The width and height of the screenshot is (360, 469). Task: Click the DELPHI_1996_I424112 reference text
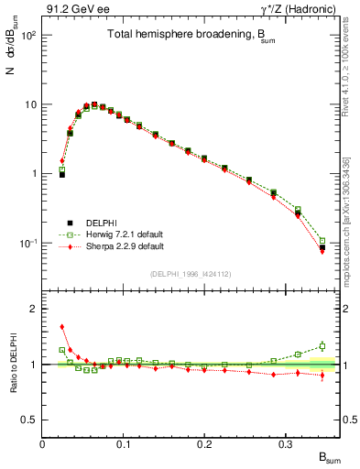pyautogui.click(x=190, y=273)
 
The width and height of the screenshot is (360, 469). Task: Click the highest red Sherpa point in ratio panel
pyautogui.click(x=62, y=326)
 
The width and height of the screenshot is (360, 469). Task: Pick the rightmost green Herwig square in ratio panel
pyautogui.click(x=322, y=346)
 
